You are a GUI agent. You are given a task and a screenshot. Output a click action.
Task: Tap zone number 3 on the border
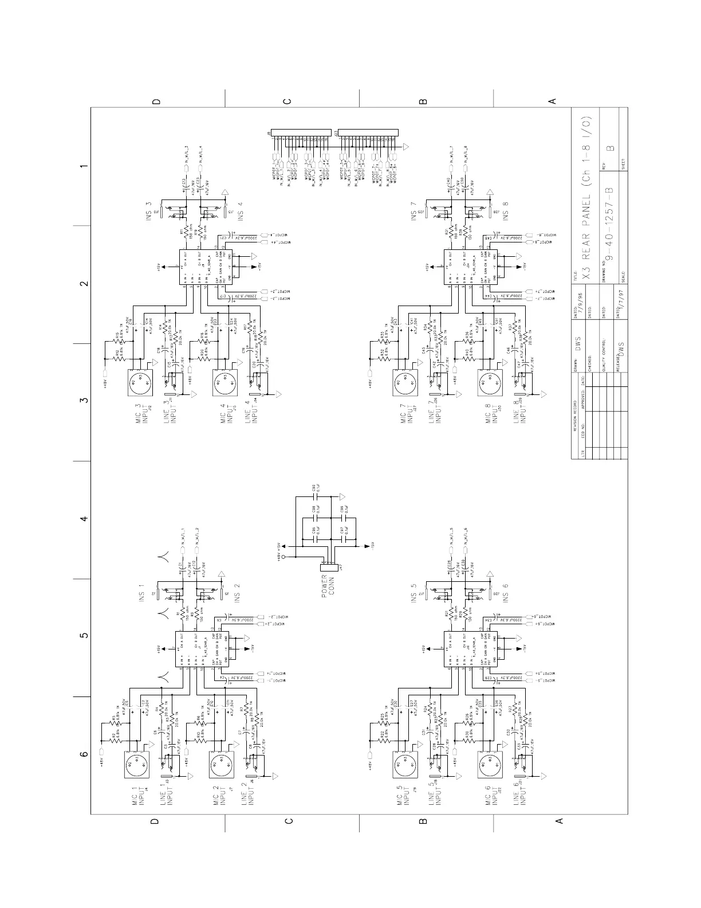click(x=84, y=400)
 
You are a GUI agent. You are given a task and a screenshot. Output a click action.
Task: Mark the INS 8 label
click(x=506, y=212)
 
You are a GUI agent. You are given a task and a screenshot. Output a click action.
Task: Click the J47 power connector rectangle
click(x=325, y=566)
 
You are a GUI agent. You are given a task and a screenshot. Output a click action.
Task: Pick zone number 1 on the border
click(x=84, y=167)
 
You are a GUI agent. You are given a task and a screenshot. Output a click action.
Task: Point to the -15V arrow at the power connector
click(x=367, y=547)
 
